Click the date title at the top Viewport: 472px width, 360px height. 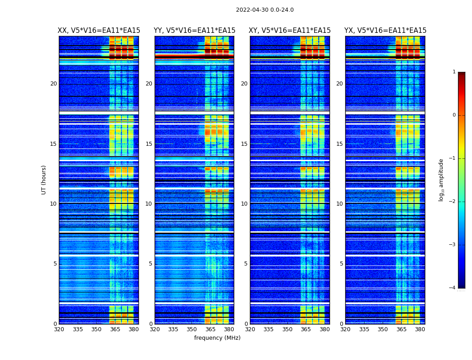tap(265, 10)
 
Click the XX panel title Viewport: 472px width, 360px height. tap(99, 31)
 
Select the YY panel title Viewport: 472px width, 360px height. tap(194, 31)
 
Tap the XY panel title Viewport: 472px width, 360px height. tap(289, 31)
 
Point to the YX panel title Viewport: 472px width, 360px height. tap(385, 31)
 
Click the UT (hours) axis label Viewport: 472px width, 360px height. tap(44, 180)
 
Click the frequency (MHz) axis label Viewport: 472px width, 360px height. tap(217, 338)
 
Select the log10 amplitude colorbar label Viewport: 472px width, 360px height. tap(441, 180)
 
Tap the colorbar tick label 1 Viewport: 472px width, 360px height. tap(454, 72)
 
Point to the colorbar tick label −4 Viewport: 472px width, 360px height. tap(453, 288)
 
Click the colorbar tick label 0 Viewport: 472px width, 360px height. tap(454, 115)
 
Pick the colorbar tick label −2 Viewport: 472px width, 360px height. tap(453, 202)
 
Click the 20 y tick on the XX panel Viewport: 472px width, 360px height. tap(53, 84)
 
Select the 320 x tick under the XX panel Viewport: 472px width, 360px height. tap(59, 329)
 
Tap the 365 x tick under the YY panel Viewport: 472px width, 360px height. tap(210, 329)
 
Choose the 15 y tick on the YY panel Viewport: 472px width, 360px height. tap(149, 144)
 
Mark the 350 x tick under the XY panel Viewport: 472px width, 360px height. tap(287, 329)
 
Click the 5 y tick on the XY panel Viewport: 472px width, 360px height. tap(246, 264)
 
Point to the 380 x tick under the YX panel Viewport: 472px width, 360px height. tap(420, 329)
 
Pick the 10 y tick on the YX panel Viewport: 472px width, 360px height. tap(339, 204)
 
